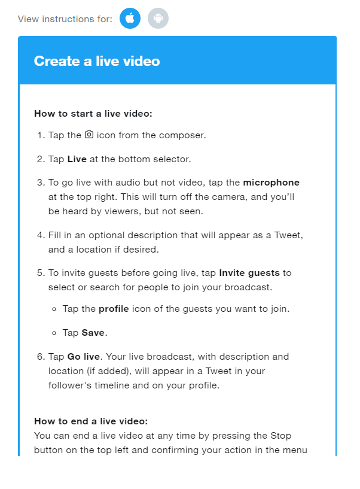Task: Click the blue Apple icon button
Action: pyautogui.click(x=130, y=19)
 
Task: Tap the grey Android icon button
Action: pyautogui.click(x=158, y=19)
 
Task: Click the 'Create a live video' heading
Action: pyautogui.click(x=97, y=61)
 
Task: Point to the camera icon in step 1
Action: pyautogui.click(x=89, y=135)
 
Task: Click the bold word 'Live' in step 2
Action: pyautogui.click(x=77, y=159)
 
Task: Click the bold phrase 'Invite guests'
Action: pyautogui.click(x=249, y=273)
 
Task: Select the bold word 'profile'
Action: pyautogui.click(x=114, y=309)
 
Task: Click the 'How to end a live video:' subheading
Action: pyautogui.click(x=91, y=421)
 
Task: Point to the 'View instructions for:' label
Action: pyautogui.click(x=65, y=19)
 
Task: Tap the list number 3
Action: pyautogui.click(x=41, y=183)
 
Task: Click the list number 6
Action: pyautogui.click(x=41, y=357)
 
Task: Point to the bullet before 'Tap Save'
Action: pyautogui.click(x=55, y=333)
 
